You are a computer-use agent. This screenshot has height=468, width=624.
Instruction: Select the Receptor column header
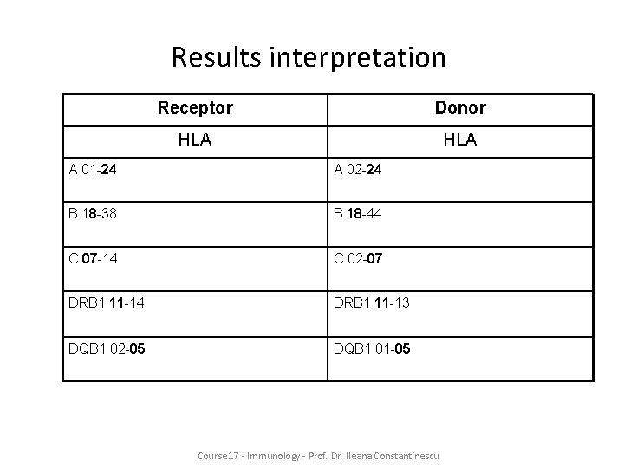(195, 107)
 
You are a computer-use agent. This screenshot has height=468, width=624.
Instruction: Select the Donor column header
(460, 107)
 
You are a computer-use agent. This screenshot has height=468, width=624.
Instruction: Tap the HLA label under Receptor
(195, 139)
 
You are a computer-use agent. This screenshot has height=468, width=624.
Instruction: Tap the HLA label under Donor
(460, 139)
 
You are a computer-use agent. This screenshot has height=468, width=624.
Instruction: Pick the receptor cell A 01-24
(94, 170)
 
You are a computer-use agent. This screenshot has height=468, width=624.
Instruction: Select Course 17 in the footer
(217, 454)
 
